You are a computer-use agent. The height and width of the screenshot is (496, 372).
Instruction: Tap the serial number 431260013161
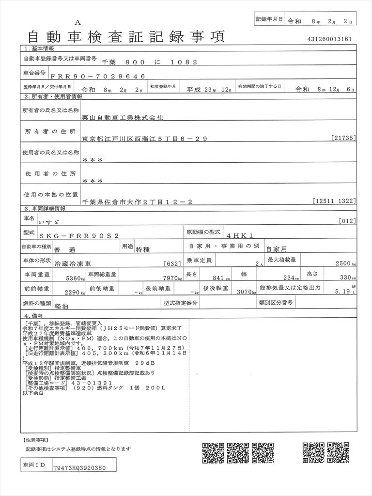click(329, 39)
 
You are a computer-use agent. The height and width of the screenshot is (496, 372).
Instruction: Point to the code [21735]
click(344, 139)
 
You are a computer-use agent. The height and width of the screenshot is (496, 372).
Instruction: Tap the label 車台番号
click(35, 73)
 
